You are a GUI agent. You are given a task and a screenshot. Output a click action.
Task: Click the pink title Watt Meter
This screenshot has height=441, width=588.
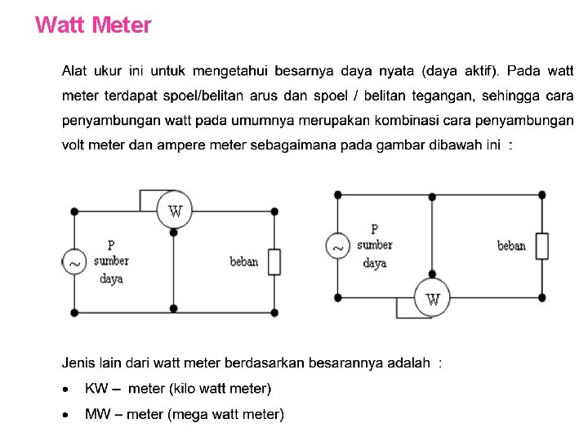94,25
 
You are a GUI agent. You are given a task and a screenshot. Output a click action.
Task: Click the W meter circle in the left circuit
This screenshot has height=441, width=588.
174,210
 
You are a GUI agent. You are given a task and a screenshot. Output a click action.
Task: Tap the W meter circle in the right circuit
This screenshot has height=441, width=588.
432,297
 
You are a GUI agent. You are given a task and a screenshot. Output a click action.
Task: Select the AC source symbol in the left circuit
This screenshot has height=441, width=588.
74,262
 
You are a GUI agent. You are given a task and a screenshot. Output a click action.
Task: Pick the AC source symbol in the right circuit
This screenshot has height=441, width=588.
337,245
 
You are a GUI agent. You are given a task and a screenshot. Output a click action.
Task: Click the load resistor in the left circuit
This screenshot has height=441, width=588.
274,262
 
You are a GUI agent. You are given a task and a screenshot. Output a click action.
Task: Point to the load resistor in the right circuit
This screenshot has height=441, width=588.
541,246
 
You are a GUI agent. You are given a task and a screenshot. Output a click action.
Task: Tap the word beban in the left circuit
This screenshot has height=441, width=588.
243,262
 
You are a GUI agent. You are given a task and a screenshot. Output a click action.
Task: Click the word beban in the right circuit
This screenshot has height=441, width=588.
511,246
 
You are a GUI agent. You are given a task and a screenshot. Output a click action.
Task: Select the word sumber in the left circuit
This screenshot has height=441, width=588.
111,261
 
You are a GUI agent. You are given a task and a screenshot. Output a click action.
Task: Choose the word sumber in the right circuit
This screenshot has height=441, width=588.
374,245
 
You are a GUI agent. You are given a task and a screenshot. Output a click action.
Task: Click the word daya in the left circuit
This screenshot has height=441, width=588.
111,279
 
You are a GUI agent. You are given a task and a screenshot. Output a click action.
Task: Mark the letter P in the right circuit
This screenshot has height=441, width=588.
374,229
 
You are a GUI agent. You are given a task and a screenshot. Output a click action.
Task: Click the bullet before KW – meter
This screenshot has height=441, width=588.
66,389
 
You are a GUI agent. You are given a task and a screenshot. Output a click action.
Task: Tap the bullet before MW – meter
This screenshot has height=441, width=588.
66,415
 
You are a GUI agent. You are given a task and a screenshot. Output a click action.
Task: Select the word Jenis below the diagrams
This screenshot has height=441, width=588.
80,363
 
